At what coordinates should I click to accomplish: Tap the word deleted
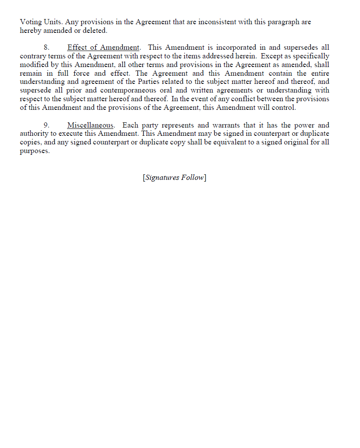(92, 31)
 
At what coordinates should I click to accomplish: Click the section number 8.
(46, 48)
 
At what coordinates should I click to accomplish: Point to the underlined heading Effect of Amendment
(103, 48)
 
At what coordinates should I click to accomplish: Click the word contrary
(32, 56)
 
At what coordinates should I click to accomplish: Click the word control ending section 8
(283, 108)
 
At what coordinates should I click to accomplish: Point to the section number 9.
(46, 125)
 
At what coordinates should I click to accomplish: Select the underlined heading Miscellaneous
(90, 125)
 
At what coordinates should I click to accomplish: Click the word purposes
(35, 151)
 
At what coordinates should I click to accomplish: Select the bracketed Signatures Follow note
(174, 177)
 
